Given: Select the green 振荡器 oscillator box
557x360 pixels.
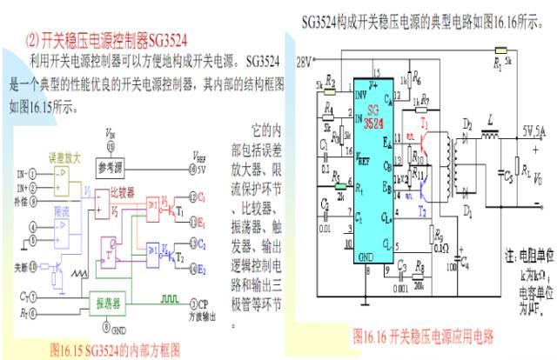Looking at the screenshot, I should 113,303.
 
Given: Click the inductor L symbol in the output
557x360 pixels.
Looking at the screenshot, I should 491,133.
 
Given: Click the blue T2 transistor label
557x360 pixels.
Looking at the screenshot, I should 422,210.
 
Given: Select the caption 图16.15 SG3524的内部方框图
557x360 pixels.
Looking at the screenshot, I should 116,350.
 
